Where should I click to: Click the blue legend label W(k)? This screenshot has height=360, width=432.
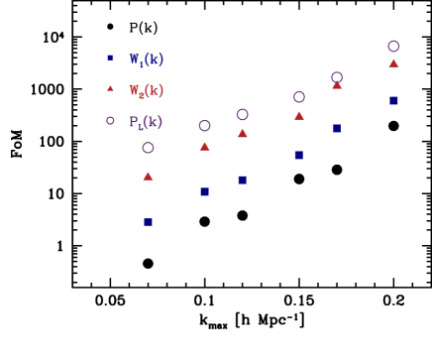[146, 59]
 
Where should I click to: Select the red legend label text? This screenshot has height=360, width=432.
[146, 90]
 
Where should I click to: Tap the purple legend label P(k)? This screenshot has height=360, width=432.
[146, 122]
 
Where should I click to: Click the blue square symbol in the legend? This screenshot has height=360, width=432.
[111, 59]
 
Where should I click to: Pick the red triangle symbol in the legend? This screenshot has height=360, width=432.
[111, 89]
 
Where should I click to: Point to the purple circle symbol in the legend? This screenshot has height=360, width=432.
[111, 121]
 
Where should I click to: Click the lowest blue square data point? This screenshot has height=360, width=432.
[148, 222]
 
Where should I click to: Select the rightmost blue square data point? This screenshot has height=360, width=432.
[393, 100]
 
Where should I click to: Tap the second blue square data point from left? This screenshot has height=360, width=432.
[205, 191]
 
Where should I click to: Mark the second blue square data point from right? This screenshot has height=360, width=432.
[337, 128]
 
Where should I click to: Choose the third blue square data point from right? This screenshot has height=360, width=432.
[298, 155]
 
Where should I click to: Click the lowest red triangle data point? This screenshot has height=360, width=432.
[148, 177]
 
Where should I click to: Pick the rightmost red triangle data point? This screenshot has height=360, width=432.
[393, 63]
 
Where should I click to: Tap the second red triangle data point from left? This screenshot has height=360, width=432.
[205, 147]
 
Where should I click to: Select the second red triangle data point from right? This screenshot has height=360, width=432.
[337, 85]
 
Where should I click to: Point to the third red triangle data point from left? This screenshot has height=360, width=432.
[243, 133]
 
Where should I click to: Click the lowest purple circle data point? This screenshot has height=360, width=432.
[148, 148]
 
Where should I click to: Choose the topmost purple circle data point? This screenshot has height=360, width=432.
[393, 47]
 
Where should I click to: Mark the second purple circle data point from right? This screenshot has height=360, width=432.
[337, 77]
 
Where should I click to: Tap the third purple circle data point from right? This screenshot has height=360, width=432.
[298, 97]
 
